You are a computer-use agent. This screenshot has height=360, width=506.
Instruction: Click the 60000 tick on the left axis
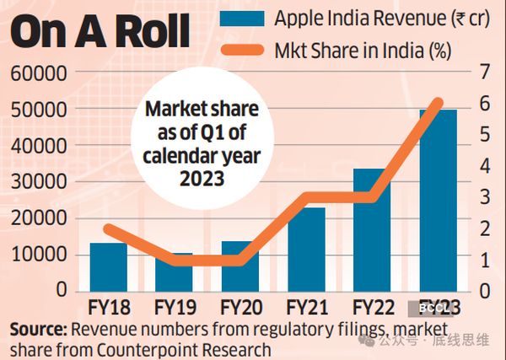coord(40,73)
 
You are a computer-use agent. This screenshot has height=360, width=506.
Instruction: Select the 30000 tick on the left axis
coord(40,182)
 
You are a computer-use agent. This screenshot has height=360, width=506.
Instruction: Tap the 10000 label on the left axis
coord(40,254)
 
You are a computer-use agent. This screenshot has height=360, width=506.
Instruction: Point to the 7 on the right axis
coord(482,73)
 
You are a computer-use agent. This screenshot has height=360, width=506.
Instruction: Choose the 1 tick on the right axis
coord(482,260)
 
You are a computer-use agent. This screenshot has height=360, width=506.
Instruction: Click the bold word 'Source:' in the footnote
coord(40,328)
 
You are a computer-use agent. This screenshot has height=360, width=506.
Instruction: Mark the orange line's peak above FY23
coord(438,102)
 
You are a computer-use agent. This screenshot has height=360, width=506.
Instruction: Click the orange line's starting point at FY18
coord(109,228)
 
